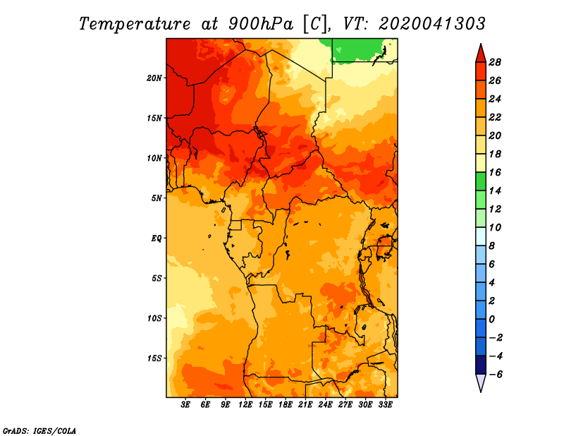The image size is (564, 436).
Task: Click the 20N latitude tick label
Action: tap(154, 78)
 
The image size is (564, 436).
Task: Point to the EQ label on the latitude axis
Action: tap(157, 238)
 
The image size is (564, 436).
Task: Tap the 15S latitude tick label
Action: tap(154, 358)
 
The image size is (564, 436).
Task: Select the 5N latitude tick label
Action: tap(157, 198)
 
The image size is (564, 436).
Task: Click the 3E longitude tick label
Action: tap(185, 405)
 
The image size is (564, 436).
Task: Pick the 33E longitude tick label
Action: tap(385, 405)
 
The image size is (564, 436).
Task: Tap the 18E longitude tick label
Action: tap(286, 405)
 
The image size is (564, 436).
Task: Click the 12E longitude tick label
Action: tap(245, 405)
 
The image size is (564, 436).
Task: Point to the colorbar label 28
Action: tap(495, 62)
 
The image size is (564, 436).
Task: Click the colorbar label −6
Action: tap(495, 375)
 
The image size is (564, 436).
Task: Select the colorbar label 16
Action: tap(495, 172)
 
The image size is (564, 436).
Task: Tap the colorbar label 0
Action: tap(492, 320)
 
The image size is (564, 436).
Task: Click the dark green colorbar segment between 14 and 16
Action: tap(481, 181)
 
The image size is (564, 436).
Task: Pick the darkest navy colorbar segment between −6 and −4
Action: tap(481, 365)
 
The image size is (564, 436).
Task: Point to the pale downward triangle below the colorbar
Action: tap(481, 382)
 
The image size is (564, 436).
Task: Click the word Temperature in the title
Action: tap(135, 24)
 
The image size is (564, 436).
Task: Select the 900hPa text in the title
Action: tap(261, 24)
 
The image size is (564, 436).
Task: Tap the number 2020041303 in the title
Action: tap(432, 24)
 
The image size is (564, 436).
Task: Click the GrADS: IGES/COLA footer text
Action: tap(39, 431)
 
